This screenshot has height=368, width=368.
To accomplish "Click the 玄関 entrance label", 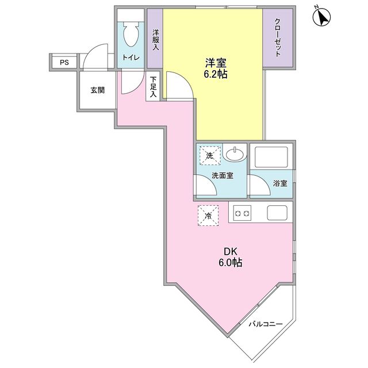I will click(x=97, y=90).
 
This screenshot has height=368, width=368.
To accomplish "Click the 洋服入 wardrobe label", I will click(x=155, y=40).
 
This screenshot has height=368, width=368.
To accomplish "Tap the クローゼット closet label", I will click(x=277, y=37).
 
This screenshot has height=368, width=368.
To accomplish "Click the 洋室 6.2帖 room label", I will click(x=213, y=67).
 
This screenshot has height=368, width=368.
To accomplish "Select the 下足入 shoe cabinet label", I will click(x=153, y=88).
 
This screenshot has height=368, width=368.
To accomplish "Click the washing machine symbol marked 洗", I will click(x=209, y=155).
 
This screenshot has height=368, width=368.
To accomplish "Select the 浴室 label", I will click(x=280, y=183).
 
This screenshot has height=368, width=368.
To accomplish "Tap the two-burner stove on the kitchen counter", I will click(x=242, y=214).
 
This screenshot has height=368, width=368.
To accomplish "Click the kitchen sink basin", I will click(x=278, y=214).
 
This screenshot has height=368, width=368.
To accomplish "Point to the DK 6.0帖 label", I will click(x=230, y=257).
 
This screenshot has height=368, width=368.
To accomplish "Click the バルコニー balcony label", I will click(x=266, y=324).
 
